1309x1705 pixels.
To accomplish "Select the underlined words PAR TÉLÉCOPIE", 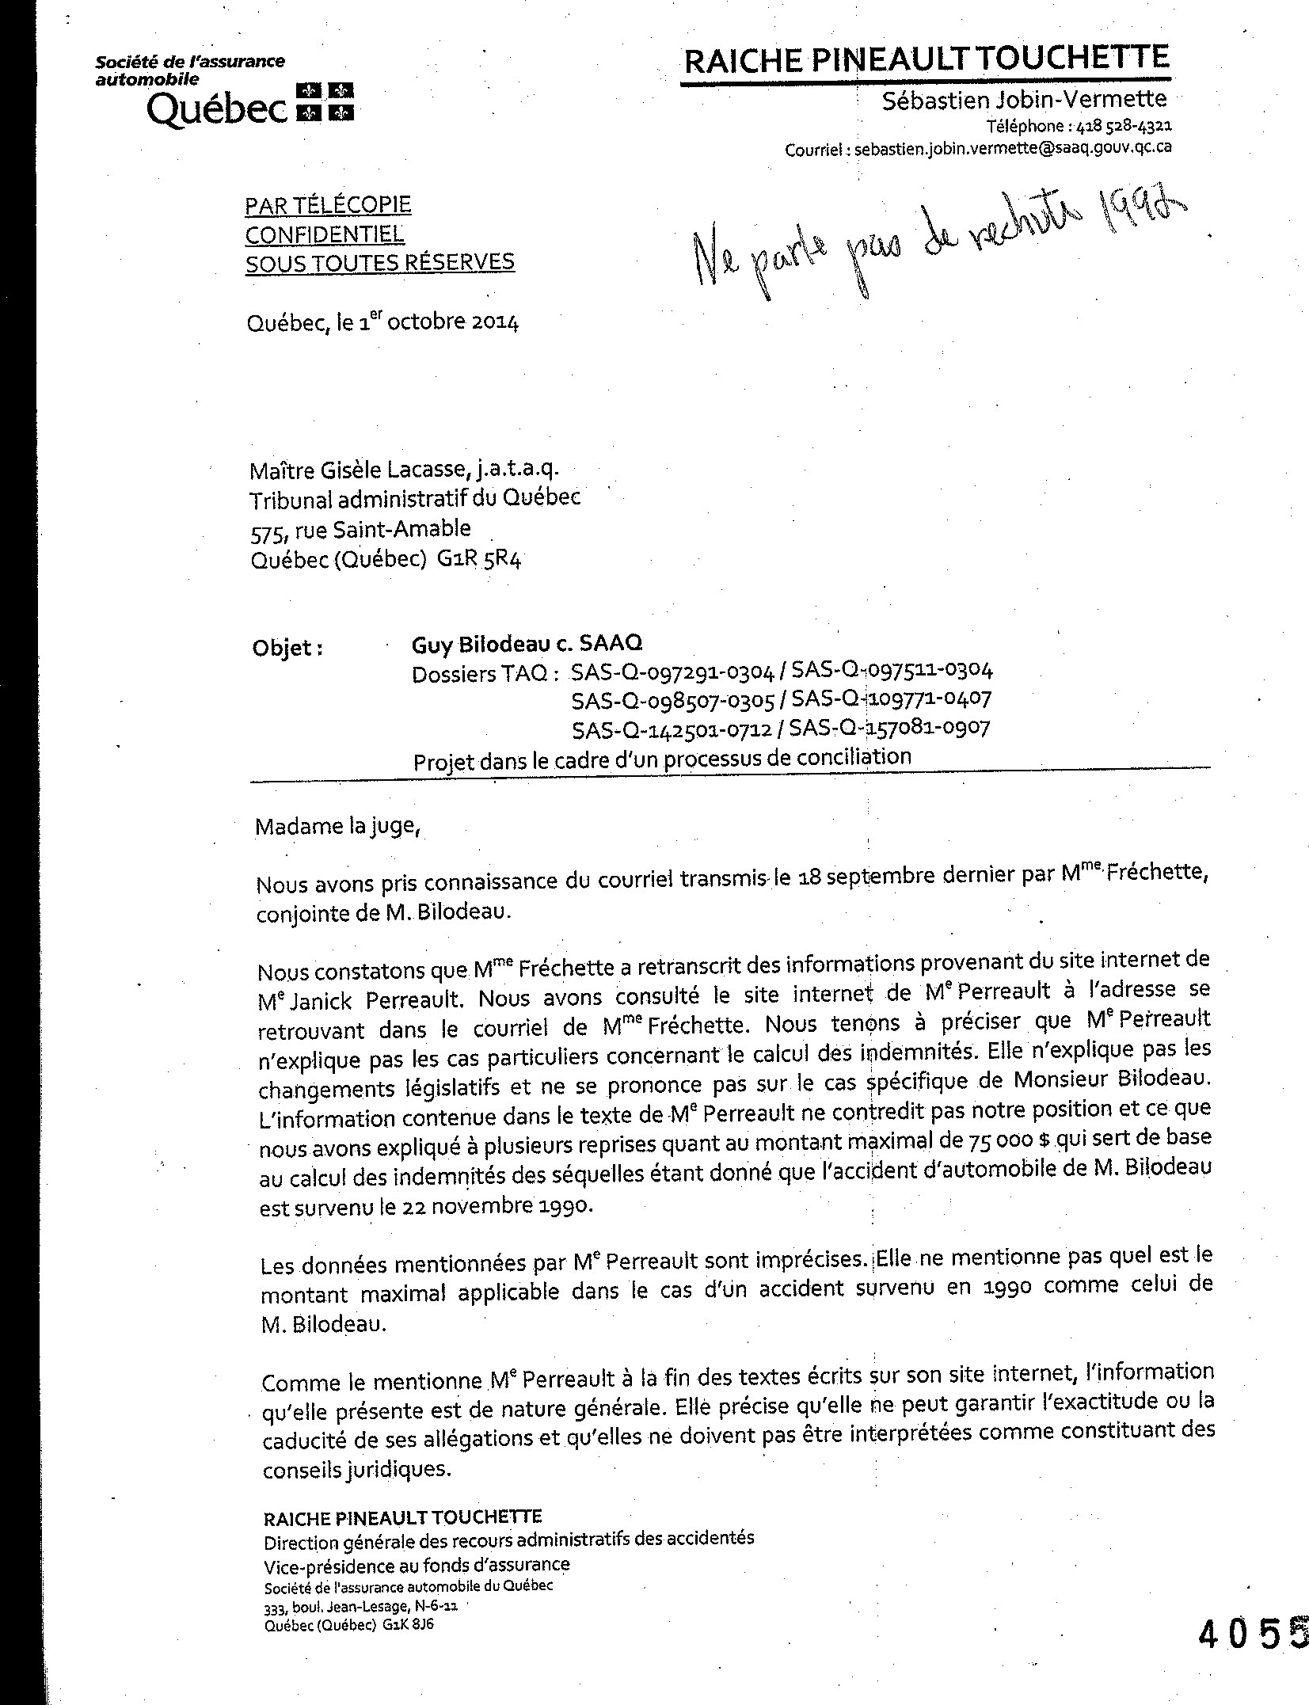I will [328, 206].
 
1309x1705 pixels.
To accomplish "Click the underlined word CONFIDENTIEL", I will [324, 234].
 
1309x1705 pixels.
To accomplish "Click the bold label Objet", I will [287, 648].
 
